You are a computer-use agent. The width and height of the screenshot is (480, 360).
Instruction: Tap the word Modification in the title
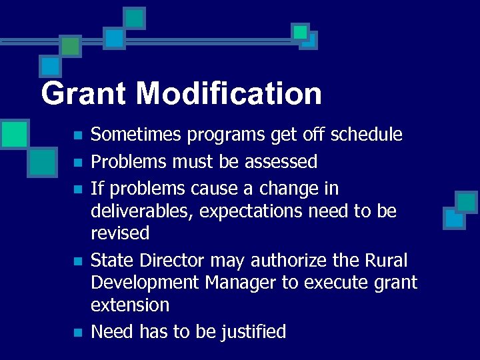coord(229,93)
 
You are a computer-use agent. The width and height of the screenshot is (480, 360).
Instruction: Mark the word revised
coord(120,233)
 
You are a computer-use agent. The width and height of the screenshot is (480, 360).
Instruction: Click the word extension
coord(130,305)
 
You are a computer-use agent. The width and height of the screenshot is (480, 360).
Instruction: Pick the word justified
coord(253,331)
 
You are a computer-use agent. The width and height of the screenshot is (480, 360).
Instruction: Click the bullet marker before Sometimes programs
coord(77,135)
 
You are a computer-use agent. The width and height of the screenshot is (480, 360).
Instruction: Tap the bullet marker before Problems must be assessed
coord(77,163)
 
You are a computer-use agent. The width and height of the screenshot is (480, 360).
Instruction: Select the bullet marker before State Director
coord(77,261)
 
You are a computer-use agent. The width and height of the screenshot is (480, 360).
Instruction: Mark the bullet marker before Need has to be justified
coord(77,332)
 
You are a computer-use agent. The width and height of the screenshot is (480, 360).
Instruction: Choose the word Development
coord(145,283)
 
